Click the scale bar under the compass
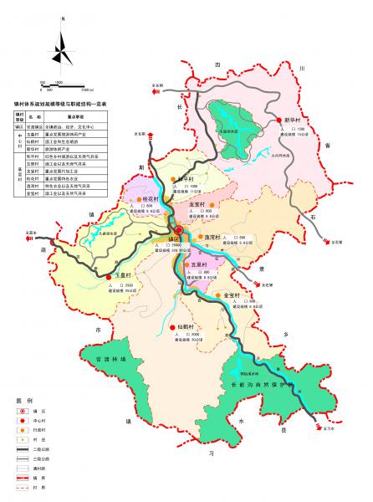(x=62, y=85)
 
